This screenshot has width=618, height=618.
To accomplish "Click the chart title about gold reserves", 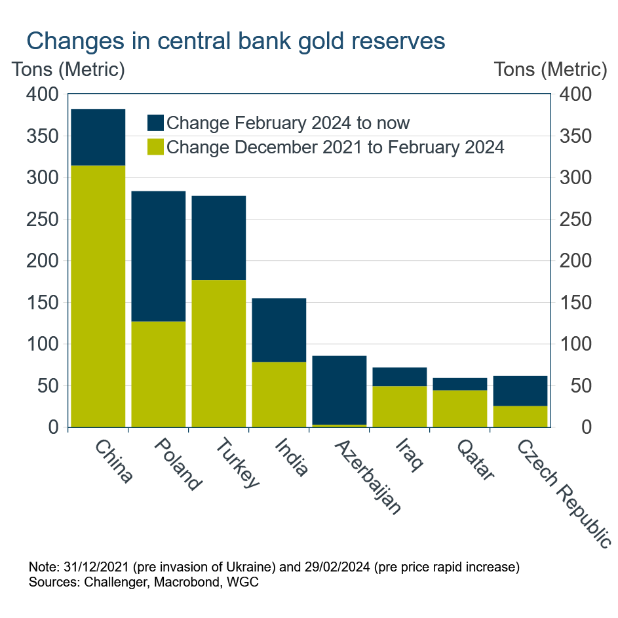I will click(236, 41).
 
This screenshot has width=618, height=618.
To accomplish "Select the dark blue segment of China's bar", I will click(98, 137).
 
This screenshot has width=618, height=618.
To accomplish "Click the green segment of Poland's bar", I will click(159, 374).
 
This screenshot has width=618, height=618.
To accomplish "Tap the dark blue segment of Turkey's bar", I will click(219, 237).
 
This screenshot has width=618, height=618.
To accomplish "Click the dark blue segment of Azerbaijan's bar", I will click(339, 390).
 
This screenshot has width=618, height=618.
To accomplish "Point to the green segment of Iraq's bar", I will click(400, 406).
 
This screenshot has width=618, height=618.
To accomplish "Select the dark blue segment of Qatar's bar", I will click(460, 384).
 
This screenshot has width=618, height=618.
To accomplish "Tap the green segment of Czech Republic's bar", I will click(520, 416).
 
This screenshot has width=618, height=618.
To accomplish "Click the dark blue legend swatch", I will click(155, 123).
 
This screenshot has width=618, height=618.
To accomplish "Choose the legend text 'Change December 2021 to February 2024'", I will click(336, 147).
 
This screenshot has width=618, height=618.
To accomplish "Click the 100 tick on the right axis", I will click(574, 344).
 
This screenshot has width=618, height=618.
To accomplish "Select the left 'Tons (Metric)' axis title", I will click(68, 69).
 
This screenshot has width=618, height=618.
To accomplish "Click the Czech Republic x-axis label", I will click(564, 492).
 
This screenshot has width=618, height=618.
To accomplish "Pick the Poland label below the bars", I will click(177, 465).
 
